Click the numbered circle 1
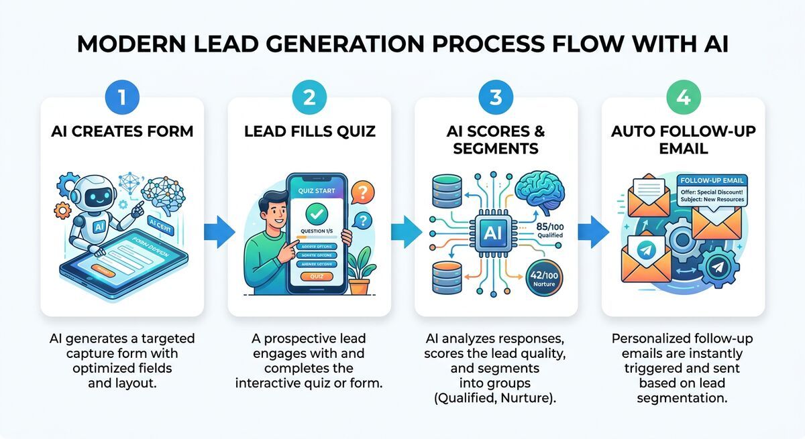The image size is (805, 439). click(122, 97)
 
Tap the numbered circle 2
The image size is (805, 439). click(309, 97)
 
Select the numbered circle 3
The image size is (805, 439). click(496, 97)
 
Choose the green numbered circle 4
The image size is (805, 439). click(683, 97)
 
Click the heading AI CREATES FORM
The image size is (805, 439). click(122, 131)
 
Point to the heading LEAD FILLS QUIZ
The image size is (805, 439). click(309, 131)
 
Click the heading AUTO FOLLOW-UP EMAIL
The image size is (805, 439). click(683, 139)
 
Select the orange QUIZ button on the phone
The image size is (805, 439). click(316, 276)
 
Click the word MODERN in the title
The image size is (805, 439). click(123, 44)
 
